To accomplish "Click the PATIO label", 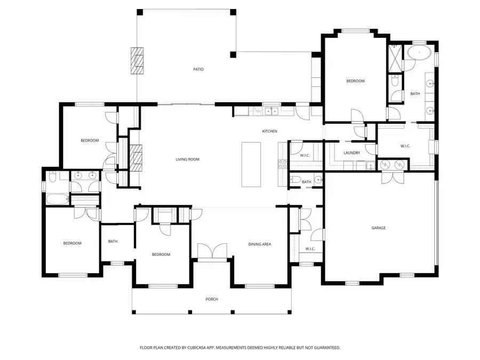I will (198, 69).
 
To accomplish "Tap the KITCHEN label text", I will (269, 131).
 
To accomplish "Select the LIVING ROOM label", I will (187, 159).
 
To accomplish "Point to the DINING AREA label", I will (260, 244).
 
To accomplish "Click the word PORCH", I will (212, 299).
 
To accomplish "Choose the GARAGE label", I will (379, 228).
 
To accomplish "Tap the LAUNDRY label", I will (351, 153).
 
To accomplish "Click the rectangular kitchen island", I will (253, 164).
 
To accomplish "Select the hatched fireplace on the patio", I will (138, 61).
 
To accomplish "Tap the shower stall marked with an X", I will (395, 58).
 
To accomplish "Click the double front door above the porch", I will (212, 252).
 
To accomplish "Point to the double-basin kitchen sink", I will (271, 111).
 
